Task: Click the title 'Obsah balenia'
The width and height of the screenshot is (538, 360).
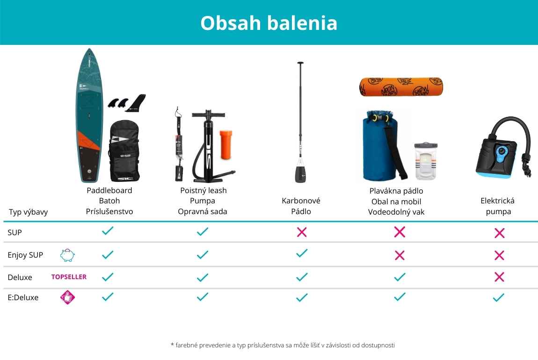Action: pyautogui.click(x=269, y=23)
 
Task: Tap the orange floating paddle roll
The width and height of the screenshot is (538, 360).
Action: pyautogui.click(x=401, y=87)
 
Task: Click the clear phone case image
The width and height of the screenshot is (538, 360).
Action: pyautogui.click(x=426, y=161)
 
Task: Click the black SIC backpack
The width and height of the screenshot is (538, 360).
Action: pyautogui.click(x=124, y=151)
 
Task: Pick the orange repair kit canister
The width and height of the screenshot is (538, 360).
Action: pyautogui.click(x=226, y=144)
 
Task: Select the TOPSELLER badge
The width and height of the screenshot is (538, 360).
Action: pyautogui.click(x=69, y=277)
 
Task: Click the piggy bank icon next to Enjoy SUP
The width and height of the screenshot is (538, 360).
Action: pyautogui.click(x=67, y=255)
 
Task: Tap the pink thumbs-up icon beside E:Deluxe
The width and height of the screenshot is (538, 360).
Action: pyautogui.click(x=67, y=297)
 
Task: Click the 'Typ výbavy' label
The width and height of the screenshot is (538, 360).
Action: pyautogui.click(x=28, y=212)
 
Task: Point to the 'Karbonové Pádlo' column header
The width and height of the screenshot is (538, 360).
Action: pyautogui.click(x=301, y=206)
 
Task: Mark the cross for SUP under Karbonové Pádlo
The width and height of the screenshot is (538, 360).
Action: pyautogui.click(x=302, y=232)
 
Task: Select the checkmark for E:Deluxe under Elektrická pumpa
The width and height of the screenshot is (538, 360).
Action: pyautogui.click(x=499, y=297)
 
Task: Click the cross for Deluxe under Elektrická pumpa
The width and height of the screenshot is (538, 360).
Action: pyautogui.click(x=499, y=277)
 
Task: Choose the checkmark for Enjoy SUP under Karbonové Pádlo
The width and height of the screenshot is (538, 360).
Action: pyautogui.click(x=302, y=253)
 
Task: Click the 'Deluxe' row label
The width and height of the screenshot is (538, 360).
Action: pyautogui.click(x=20, y=277)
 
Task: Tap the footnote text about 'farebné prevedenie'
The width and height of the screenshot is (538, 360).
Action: pyautogui.click(x=283, y=345)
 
